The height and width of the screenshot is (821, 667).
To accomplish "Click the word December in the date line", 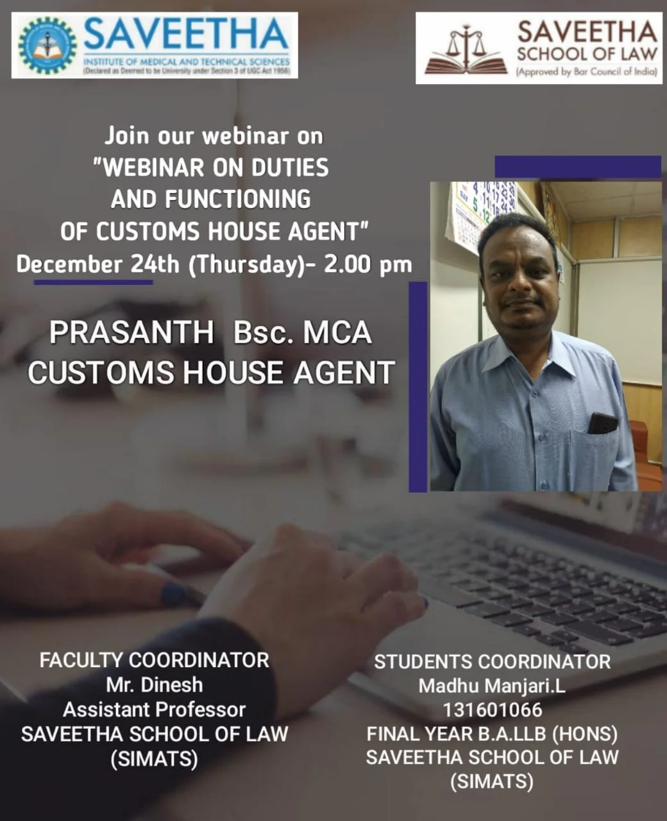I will coord(69,264).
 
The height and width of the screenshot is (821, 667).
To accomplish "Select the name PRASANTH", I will coord(131,332).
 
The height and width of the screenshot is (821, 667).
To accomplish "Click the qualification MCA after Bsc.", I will coord(337,332).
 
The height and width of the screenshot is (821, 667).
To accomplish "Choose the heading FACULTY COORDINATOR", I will coord(154,660).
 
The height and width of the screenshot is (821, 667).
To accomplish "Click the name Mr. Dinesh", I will coord(154,684).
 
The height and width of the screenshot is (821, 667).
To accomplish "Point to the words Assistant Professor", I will coord(154,709).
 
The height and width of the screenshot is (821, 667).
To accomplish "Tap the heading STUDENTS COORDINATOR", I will coord(492,661).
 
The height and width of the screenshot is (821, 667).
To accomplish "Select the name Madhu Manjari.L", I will coord(492,686).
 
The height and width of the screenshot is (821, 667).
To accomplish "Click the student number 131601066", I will coord(492,710).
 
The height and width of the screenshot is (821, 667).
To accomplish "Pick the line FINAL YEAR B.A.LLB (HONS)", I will coord(492,733).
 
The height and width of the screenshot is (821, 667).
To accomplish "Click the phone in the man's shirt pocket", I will coord(602,423).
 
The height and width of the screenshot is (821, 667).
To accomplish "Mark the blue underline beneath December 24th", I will coord(93,282).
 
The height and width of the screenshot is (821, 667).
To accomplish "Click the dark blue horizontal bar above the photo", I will coord(577,167).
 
